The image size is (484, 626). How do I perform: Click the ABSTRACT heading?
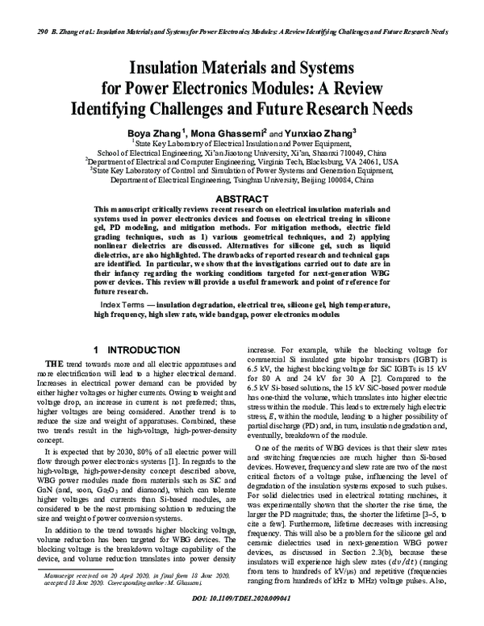point(242,198)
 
